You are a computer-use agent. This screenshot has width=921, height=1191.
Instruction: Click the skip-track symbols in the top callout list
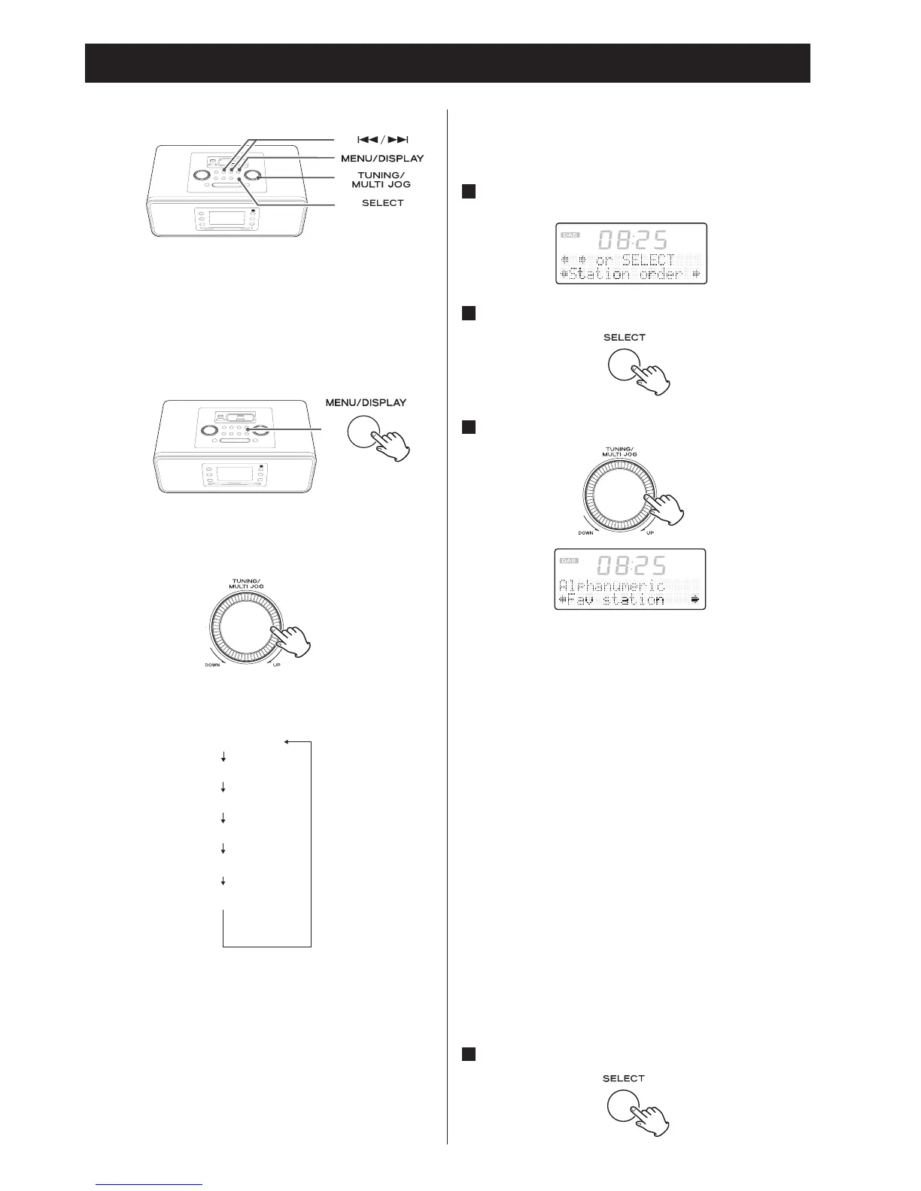382,140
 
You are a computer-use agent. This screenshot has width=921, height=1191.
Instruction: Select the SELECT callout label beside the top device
382,203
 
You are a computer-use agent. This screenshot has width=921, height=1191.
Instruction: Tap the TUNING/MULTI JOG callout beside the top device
384,180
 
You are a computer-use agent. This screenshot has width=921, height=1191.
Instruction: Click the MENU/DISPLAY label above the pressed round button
366,402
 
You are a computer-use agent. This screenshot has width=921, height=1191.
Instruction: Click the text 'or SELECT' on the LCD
635,260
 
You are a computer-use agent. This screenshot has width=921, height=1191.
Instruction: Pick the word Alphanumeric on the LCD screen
612,585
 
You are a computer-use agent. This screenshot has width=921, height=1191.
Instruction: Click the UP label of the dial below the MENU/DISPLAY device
276,665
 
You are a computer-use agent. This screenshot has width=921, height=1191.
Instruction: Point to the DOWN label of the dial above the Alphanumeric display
585,532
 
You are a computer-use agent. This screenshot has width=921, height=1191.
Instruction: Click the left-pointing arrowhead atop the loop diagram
287,743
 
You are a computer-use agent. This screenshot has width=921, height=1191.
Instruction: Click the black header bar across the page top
447,63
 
